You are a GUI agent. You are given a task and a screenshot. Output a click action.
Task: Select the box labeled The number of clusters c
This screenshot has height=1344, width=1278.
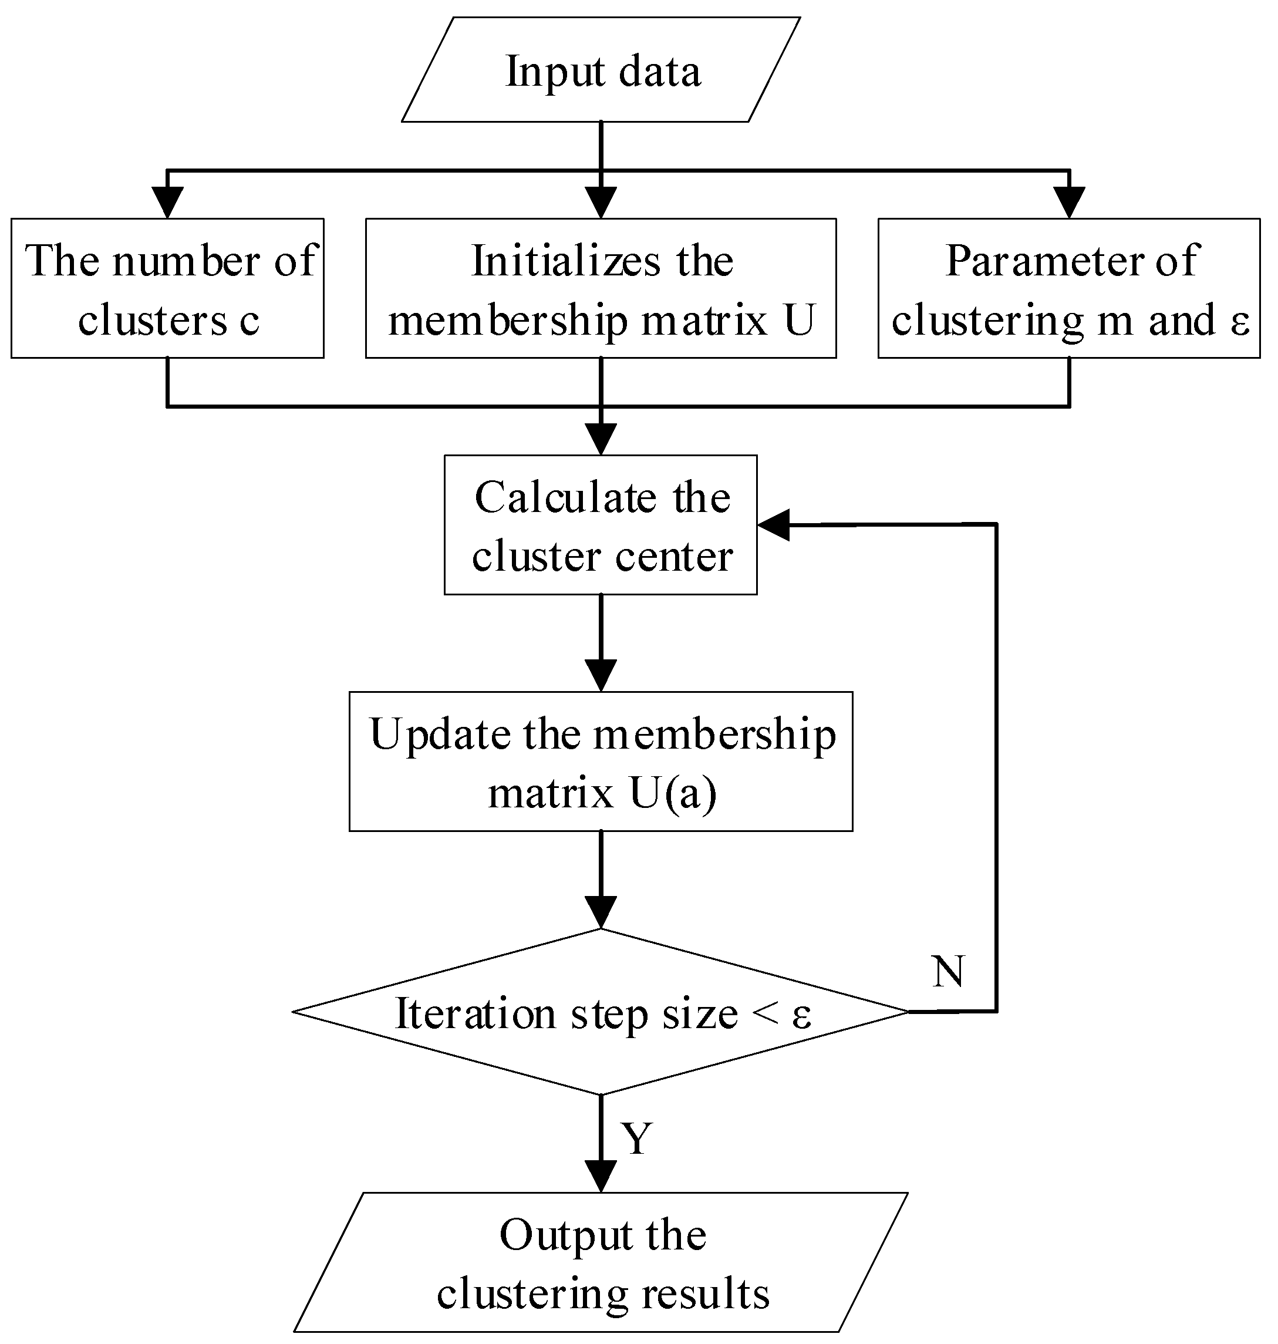(x=167, y=289)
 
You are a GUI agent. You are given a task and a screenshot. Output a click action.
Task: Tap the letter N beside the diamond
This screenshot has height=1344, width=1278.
(x=947, y=971)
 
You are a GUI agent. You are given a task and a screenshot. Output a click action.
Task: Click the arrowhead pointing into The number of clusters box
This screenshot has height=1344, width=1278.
(x=167, y=203)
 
